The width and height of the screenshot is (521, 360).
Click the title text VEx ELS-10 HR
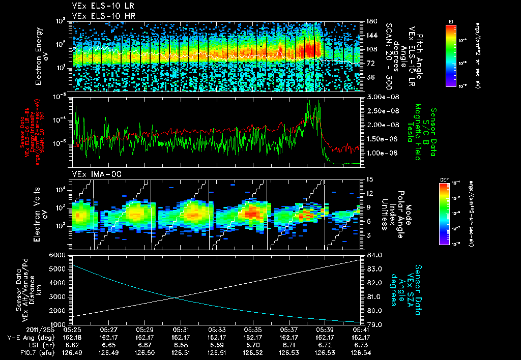[99, 15]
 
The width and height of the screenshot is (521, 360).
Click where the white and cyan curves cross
[175, 298]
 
